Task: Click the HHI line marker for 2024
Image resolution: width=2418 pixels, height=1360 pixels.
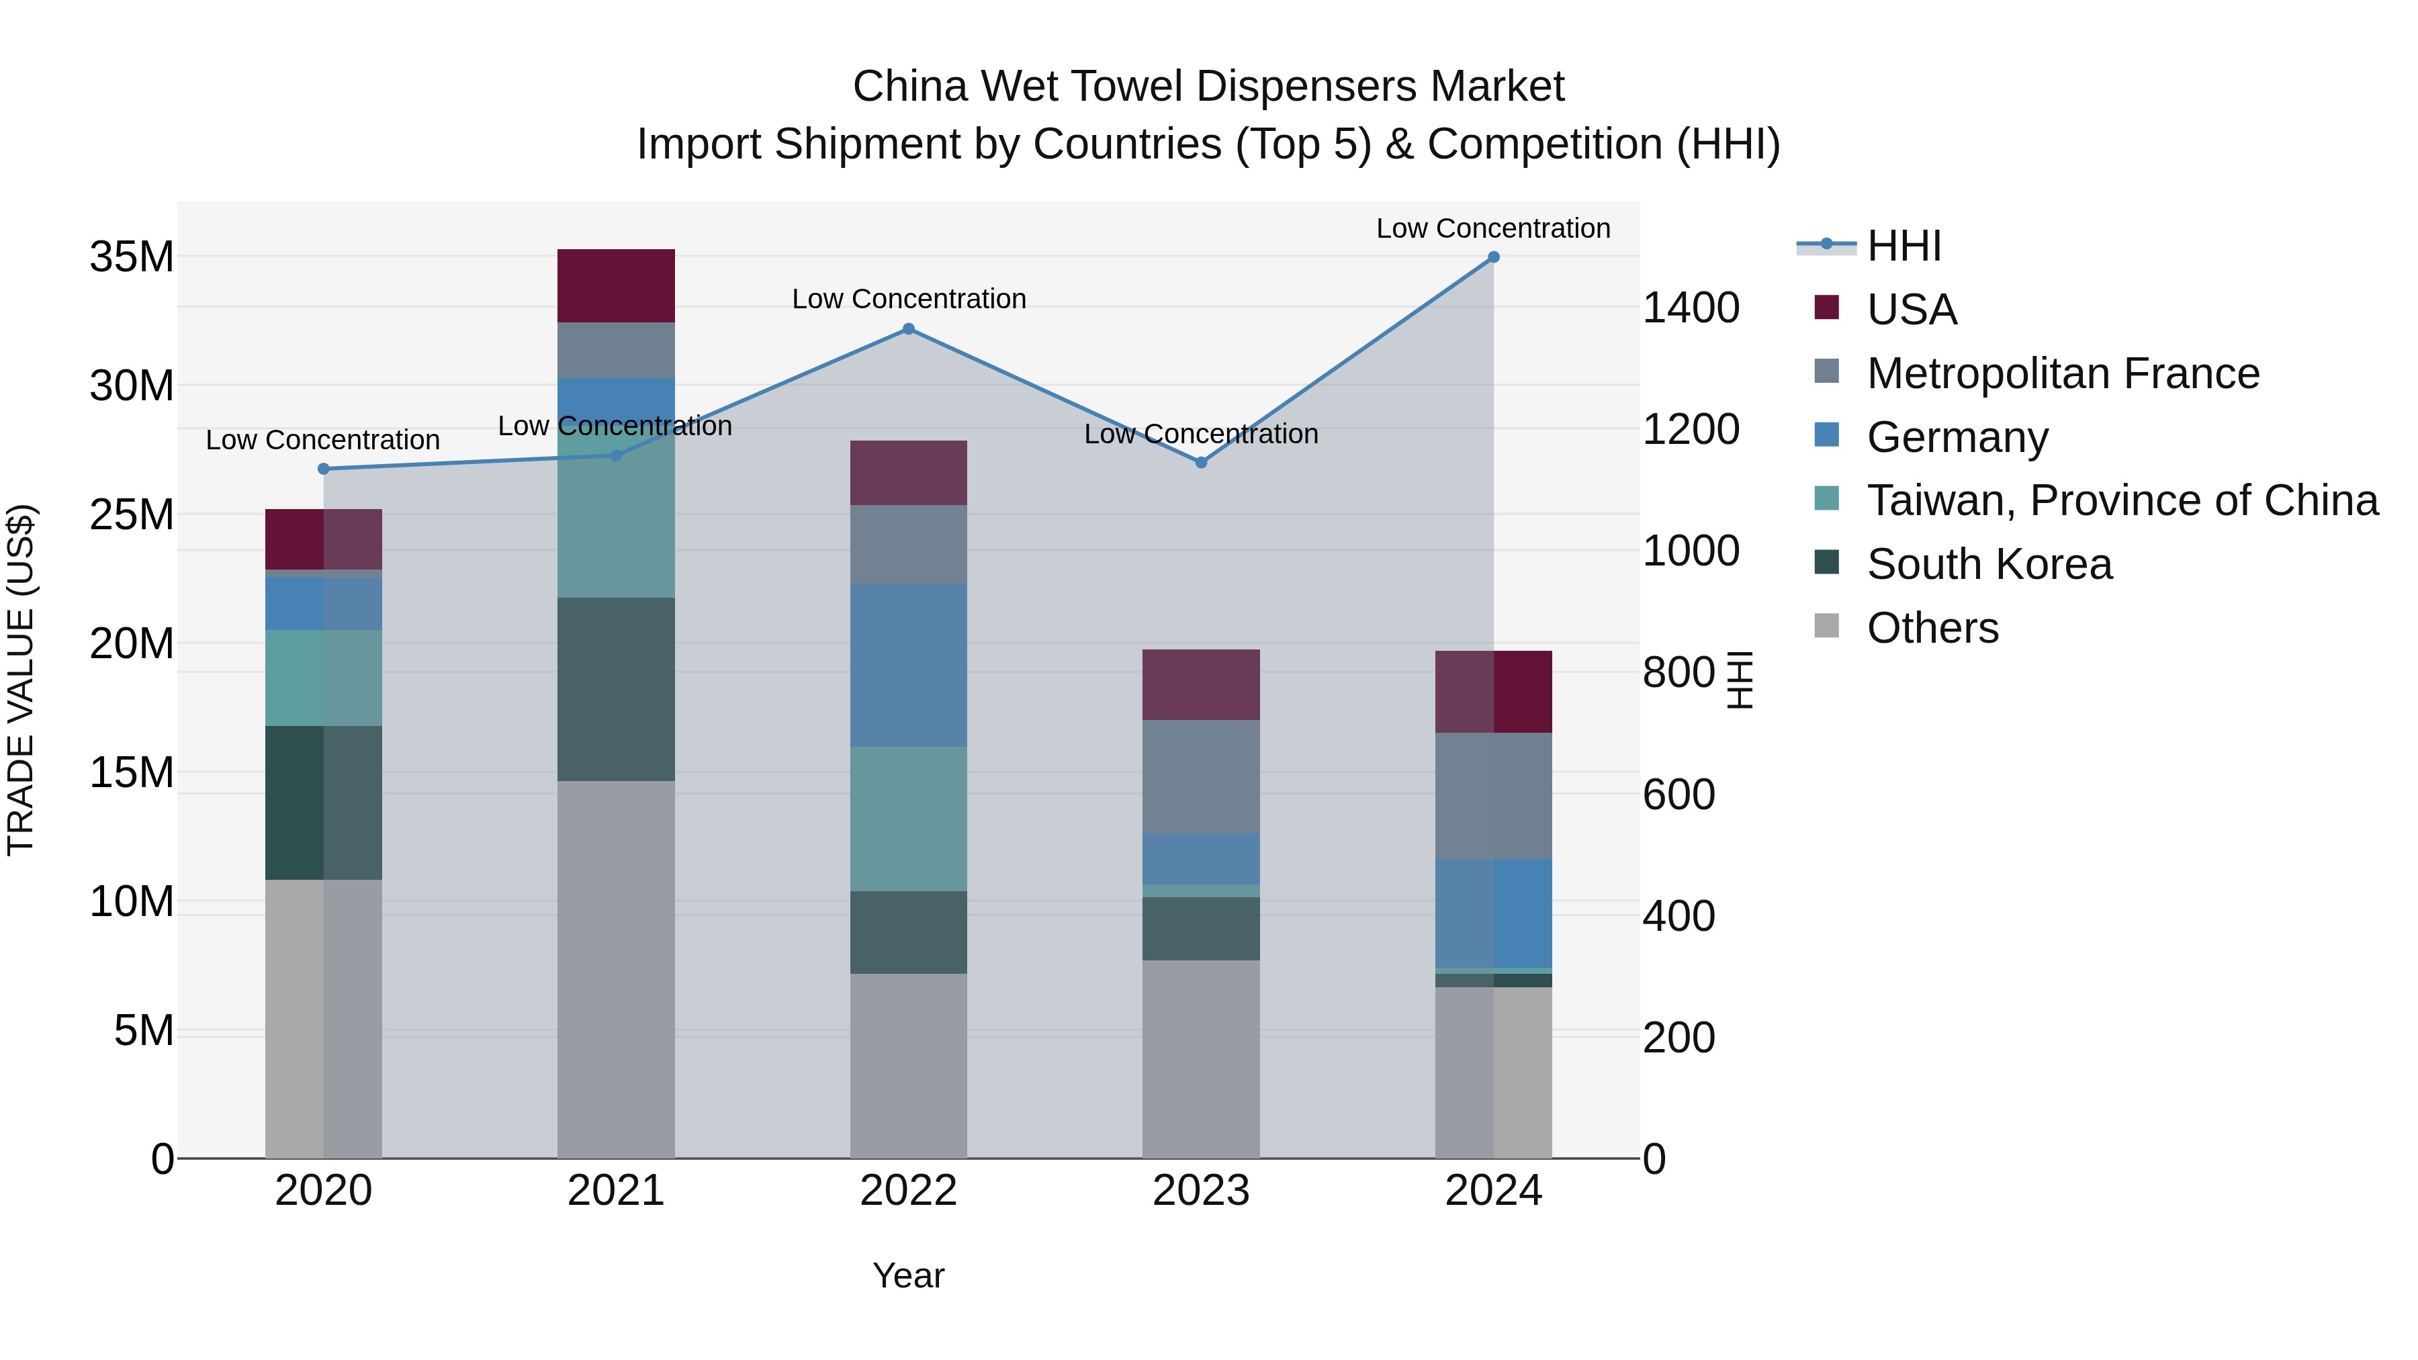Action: [1493, 257]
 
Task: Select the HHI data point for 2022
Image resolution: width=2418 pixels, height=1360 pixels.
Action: [907, 328]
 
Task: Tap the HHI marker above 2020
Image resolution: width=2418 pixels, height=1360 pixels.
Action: [324, 468]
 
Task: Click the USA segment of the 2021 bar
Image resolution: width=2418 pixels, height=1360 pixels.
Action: [616, 285]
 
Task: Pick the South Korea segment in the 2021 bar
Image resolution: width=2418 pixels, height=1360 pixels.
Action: [616, 689]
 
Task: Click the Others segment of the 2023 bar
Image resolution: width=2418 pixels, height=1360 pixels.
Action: [1200, 1058]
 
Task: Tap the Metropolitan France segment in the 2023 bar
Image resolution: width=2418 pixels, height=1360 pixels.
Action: [1200, 776]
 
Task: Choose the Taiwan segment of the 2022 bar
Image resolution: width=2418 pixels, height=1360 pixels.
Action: [907, 819]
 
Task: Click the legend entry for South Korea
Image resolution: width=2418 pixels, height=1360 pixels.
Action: [1988, 564]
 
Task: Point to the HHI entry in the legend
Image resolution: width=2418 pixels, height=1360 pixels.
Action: [1903, 246]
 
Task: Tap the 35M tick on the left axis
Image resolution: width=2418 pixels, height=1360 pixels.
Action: [132, 257]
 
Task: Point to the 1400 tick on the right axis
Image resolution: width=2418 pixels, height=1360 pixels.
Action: [1691, 308]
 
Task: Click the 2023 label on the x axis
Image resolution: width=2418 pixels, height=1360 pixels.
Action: [1200, 1191]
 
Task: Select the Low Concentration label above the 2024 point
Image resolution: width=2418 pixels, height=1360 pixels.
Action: [1492, 228]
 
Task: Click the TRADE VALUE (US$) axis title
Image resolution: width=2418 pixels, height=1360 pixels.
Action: [21, 680]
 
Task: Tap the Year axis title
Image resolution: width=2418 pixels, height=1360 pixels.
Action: [907, 1275]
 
